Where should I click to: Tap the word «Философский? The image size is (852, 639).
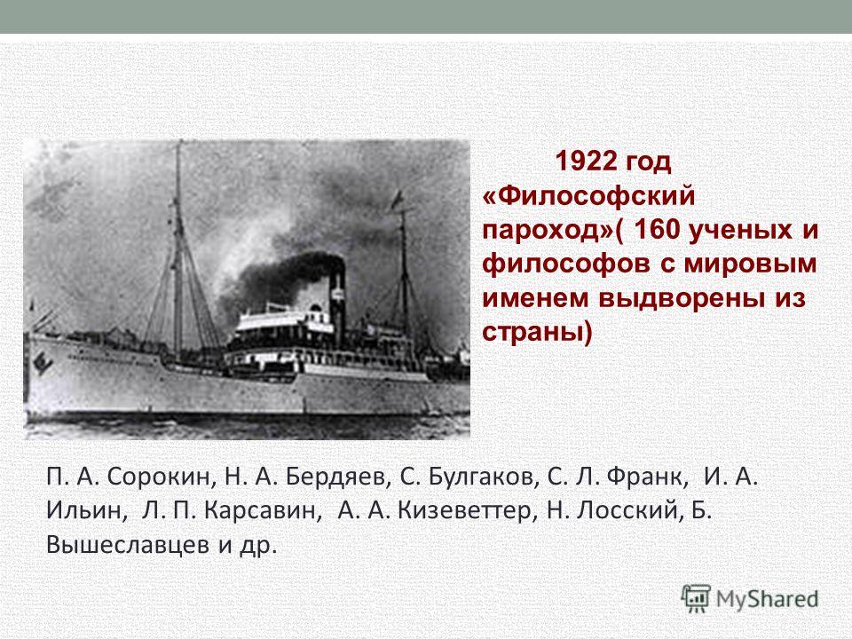(588, 195)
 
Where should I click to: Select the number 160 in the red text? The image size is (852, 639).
(657, 229)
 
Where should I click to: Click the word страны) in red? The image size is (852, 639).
(538, 332)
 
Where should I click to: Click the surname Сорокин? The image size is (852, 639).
(158, 477)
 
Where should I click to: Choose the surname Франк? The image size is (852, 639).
(647, 477)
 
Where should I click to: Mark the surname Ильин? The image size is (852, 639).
(88, 510)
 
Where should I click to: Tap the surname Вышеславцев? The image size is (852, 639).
(128, 545)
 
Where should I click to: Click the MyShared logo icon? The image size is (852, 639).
(696, 599)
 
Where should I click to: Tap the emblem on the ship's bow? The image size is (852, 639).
(43, 362)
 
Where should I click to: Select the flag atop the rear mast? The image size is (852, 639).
(397, 200)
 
